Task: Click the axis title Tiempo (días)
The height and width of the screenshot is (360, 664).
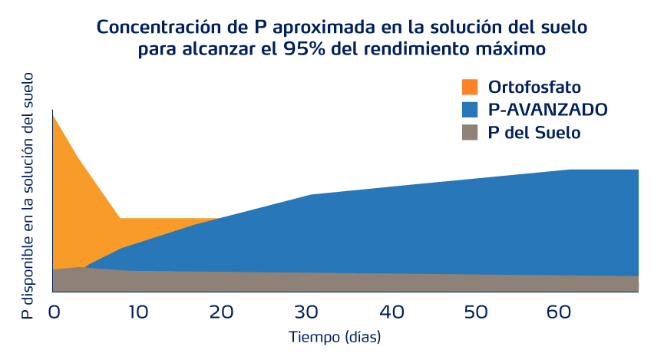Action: click(x=335, y=337)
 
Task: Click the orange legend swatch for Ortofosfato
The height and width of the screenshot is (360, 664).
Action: click(x=469, y=87)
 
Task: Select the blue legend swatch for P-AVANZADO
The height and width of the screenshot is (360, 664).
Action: click(x=469, y=109)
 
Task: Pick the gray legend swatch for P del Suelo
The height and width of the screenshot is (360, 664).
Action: click(x=469, y=132)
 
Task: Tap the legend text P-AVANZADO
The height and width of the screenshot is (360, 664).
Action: click(x=548, y=109)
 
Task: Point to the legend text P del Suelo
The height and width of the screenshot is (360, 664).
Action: click(x=534, y=132)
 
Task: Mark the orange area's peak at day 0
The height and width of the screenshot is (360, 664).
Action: click(x=53, y=114)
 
